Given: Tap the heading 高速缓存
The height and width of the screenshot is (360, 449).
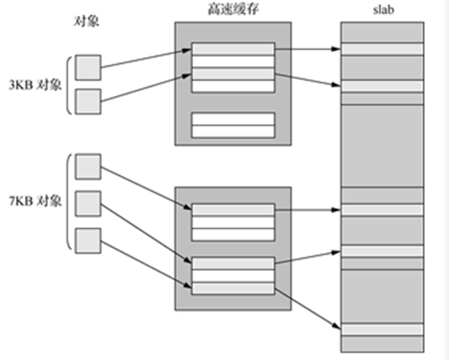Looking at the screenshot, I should pos(233,8).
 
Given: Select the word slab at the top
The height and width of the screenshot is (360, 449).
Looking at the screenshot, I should pos(381,9).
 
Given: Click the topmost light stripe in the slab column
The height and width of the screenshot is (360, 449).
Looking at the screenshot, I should pos(382,48).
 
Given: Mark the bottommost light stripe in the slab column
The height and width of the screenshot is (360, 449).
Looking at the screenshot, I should pos(382,330).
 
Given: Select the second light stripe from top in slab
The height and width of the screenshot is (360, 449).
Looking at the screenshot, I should pos(382,86).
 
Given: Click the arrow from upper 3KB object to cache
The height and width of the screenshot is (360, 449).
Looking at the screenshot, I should pos(146,59).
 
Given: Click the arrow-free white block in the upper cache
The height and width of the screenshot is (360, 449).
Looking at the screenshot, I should pos(233,125).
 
